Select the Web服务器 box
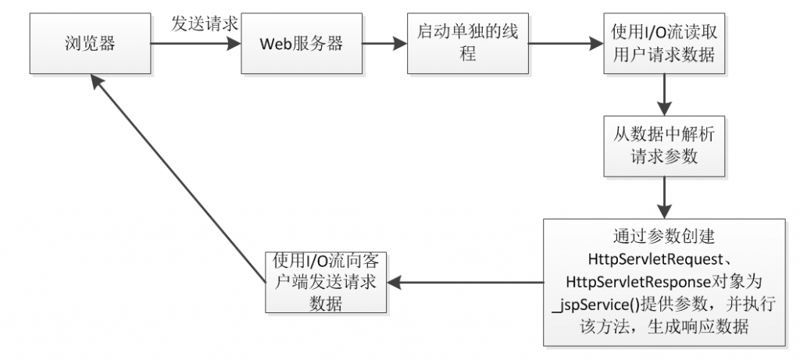(x=302, y=43)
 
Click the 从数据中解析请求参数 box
(x=663, y=145)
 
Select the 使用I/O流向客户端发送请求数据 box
(x=325, y=282)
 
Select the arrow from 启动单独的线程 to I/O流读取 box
(x=566, y=44)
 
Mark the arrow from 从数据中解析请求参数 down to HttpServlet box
(x=663, y=198)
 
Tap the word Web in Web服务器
(x=277, y=44)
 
